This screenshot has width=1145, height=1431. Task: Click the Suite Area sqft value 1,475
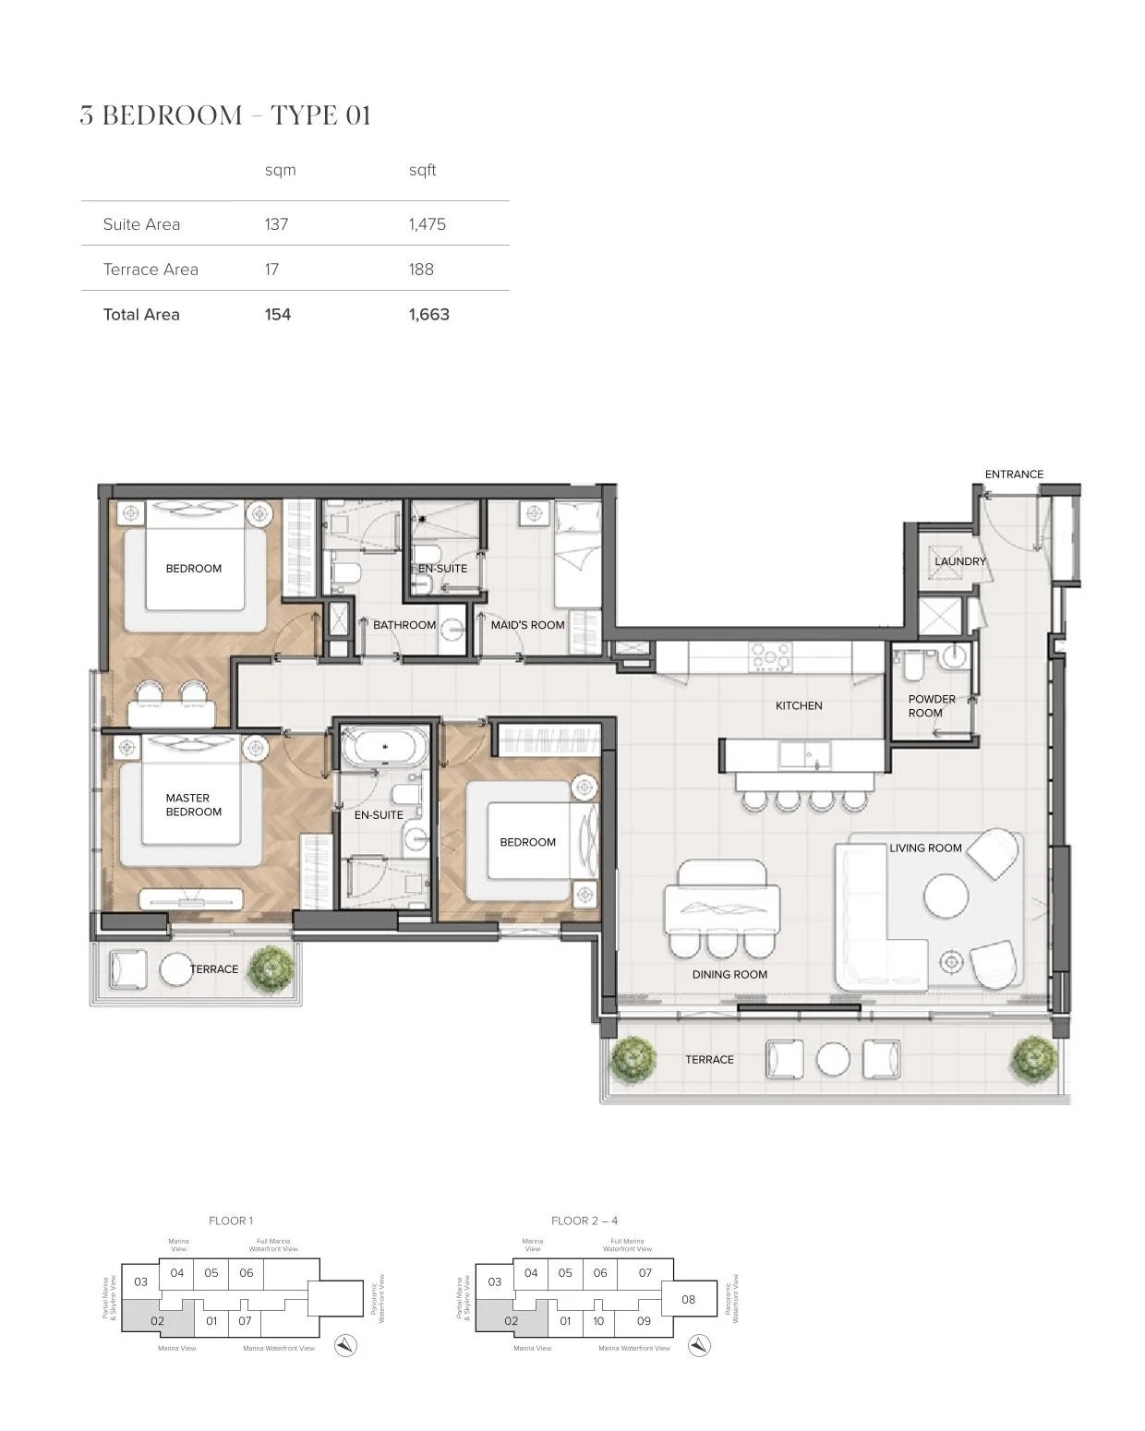428,224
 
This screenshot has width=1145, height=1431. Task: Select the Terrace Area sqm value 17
271,270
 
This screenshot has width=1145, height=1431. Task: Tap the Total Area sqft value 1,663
429,315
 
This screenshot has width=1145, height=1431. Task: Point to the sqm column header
280,170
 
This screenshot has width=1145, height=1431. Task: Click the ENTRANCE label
1014,475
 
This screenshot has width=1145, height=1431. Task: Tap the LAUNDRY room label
959,561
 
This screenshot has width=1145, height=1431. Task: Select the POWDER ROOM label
931,706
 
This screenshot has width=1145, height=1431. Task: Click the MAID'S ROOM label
527,625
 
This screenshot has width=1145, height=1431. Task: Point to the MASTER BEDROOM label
193,805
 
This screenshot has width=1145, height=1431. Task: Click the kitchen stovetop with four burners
770,655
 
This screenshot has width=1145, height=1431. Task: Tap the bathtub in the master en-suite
384,747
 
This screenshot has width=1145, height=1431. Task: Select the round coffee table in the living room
946,895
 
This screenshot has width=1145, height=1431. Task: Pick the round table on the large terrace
833,1060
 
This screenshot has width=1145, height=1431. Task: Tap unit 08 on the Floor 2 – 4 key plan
688,1300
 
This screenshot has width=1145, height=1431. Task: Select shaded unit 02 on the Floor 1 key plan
158,1320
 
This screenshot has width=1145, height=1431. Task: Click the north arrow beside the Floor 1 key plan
345,1346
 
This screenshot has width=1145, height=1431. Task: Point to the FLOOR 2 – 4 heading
585,1221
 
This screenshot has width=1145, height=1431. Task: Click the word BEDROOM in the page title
172,115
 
